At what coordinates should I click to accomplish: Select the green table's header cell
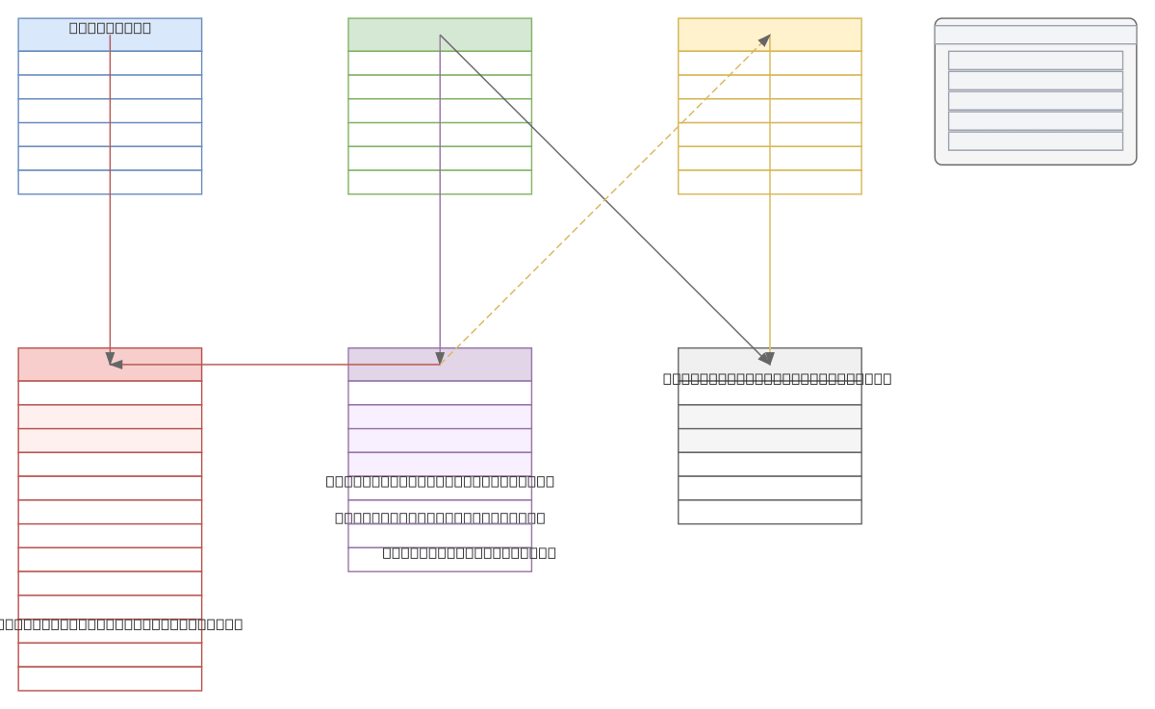[385, 35]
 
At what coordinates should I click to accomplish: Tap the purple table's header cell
[491, 365]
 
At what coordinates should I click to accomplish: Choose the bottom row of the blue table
[110, 183]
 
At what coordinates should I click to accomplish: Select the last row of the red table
[110, 679]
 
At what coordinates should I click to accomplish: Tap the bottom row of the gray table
[770, 512]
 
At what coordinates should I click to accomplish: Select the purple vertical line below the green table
[440, 269]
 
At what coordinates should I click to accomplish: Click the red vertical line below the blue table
[110, 269]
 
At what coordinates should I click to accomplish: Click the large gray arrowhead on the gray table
[766, 359]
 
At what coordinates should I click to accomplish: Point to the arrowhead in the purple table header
[440, 359]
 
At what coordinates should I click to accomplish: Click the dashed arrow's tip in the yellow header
[766, 38]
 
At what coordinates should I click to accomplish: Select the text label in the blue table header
[110, 27]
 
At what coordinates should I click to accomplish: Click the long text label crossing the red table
[120, 623]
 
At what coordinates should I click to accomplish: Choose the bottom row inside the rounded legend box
[1035, 140]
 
